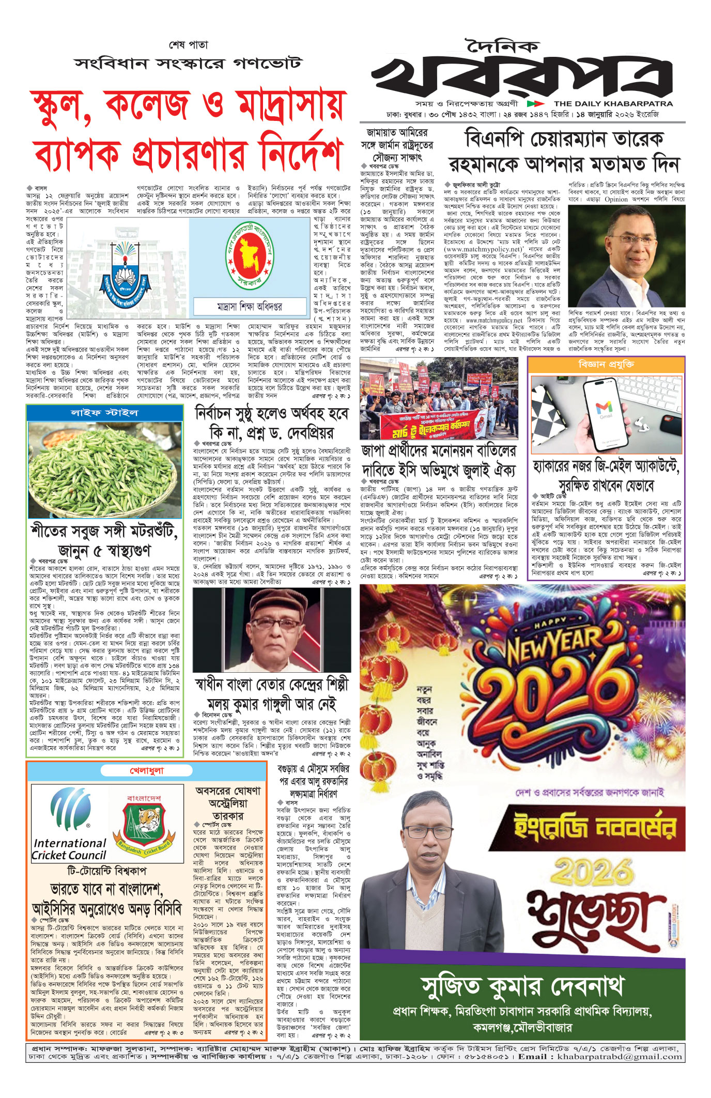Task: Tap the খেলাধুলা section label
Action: (x=147, y=771)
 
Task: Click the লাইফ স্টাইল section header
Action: (x=104, y=413)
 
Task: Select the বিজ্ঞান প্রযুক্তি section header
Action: (x=606, y=365)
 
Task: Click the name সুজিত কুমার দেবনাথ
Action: (x=522, y=986)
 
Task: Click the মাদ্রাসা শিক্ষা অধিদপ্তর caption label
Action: (x=250, y=306)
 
